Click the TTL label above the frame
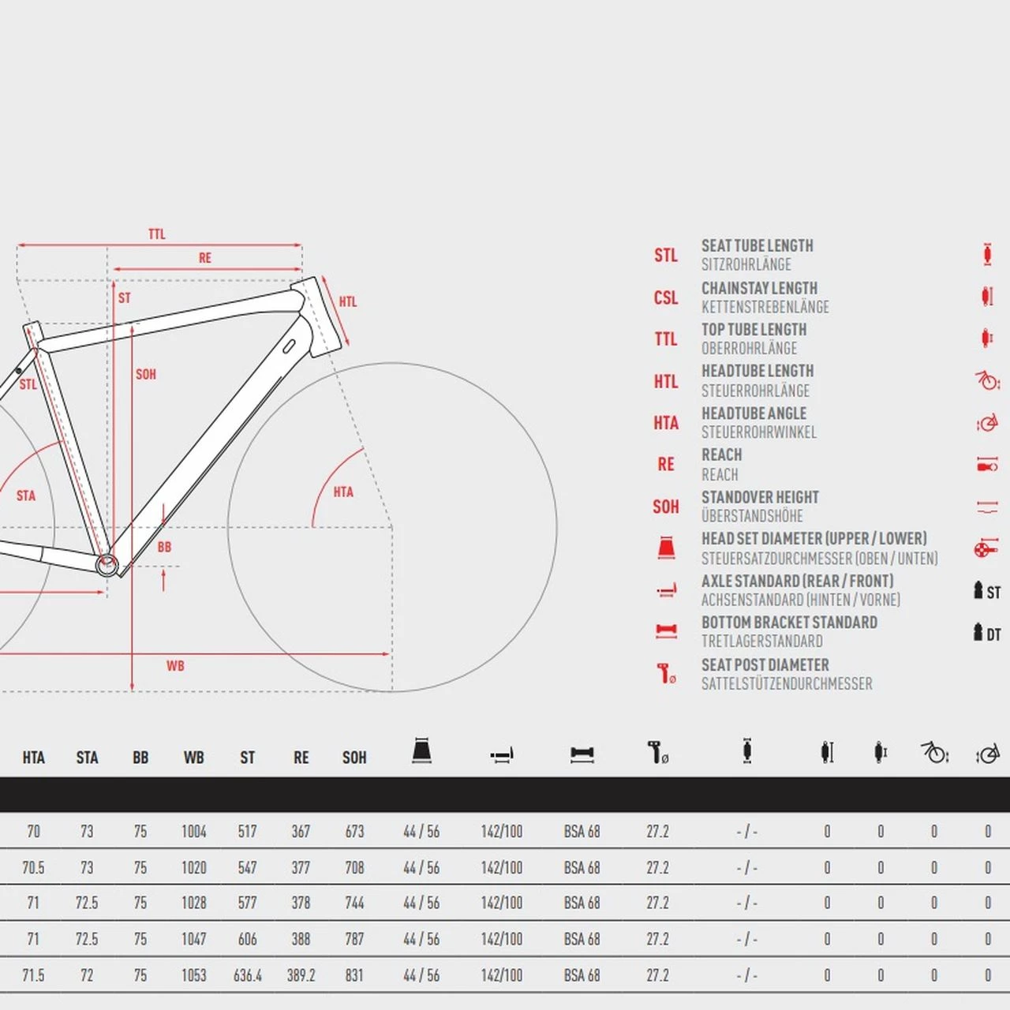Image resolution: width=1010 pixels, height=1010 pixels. [x=157, y=234]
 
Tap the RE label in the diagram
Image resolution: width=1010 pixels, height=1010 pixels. [x=205, y=258]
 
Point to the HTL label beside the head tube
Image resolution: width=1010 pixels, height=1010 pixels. [x=348, y=302]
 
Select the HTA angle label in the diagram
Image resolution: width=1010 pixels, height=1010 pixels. [x=343, y=492]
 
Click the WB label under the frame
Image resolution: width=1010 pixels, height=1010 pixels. [x=176, y=666]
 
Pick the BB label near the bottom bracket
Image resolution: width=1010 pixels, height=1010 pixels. [x=165, y=547]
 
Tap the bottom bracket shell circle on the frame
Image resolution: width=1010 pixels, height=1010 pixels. [x=107, y=565]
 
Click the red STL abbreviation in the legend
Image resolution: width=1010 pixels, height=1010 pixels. [x=666, y=255]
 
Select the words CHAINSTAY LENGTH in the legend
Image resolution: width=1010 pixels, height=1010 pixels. [x=759, y=288]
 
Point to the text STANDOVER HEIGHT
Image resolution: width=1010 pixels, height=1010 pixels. [x=760, y=497]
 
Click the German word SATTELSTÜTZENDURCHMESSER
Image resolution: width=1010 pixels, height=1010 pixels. [x=787, y=683]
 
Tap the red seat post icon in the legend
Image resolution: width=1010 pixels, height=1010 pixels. [x=666, y=674]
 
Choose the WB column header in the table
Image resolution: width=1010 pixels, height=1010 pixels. [x=194, y=757]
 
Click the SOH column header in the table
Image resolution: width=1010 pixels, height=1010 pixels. [x=354, y=757]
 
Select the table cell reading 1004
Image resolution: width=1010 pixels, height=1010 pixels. [x=194, y=832]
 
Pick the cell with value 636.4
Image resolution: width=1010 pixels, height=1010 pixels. [x=248, y=975]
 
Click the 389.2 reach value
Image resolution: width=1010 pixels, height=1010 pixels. [x=301, y=975]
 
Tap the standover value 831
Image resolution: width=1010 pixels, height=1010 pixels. [x=354, y=975]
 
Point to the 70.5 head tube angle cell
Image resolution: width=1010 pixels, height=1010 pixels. [x=34, y=868]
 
